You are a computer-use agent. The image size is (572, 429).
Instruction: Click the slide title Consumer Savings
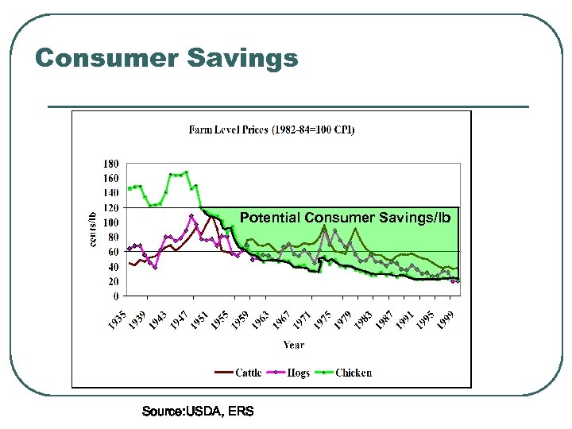click(x=167, y=58)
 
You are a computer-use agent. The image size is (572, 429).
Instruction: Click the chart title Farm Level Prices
click(x=271, y=129)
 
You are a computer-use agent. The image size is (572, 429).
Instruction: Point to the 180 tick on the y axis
click(x=112, y=163)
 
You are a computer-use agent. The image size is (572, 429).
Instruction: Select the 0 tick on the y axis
click(x=117, y=296)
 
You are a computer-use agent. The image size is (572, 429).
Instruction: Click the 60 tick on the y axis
click(x=114, y=252)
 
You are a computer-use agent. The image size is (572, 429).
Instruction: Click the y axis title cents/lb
click(x=92, y=229)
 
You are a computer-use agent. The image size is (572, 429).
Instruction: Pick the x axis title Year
click(x=293, y=345)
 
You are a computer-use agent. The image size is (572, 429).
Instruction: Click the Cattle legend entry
click(x=248, y=373)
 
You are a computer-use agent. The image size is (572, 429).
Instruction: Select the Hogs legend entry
click(x=298, y=373)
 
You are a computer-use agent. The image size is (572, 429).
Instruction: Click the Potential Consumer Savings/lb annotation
click(x=345, y=217)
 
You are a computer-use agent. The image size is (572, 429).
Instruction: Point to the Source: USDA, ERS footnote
click(x=198, y=411)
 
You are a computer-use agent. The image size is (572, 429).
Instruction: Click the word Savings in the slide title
click(x=243, y=58)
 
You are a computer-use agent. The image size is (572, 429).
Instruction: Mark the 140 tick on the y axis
click(x=112, y=192)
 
